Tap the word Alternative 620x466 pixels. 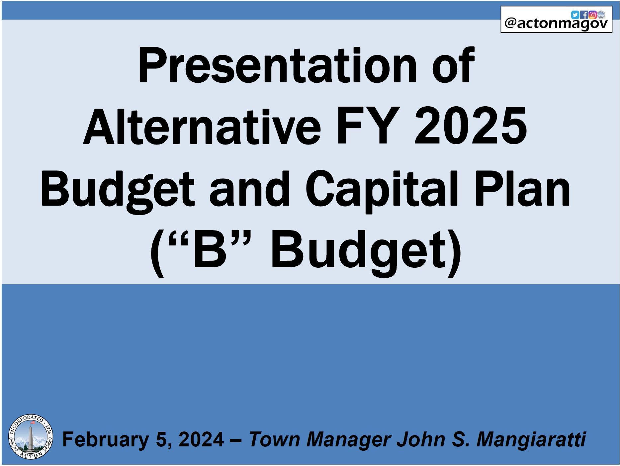(x=202, y=128)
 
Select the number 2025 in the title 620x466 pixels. (x=470, y=128)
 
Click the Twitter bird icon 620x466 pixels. (x=575, y=15)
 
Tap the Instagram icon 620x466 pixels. (x=593, y=15)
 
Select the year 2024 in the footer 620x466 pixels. (x=201, y=439)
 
